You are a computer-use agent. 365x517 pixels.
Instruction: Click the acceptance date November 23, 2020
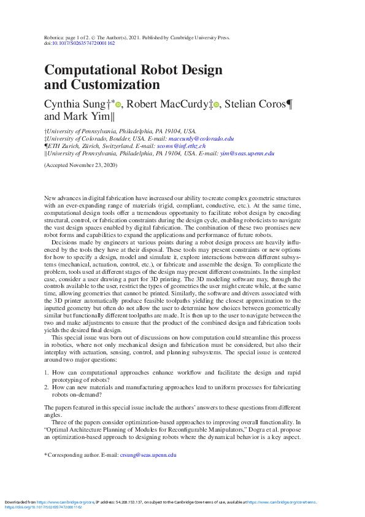(91, 165)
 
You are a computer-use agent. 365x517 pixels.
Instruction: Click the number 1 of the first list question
(47, 372)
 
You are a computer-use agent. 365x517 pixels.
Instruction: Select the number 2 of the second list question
(47, 388)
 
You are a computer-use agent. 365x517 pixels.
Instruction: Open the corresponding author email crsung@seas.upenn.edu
(148, 455)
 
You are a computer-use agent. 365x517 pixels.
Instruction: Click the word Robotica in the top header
(56, 37)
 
